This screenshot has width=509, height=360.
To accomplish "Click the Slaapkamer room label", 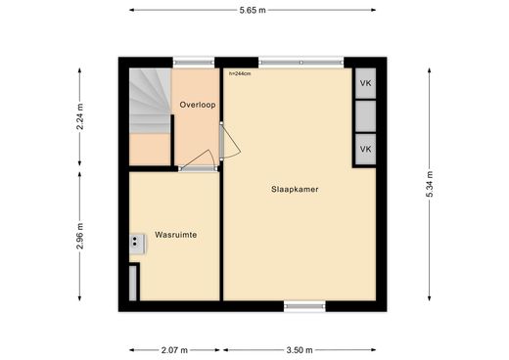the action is click(x=295, y=189).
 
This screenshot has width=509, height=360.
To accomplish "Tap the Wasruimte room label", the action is click(x=176, y=235).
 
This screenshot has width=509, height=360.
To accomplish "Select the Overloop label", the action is click(x=198, y=105).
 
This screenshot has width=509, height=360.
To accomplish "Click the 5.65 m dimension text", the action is click(x=253, y=10).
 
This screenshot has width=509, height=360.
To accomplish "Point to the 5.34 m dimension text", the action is click(x=430, y=184).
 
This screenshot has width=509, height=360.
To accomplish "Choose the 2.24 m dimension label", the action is click(x=80, y=116).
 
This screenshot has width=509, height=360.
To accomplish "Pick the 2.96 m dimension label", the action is click(x=80, y=236).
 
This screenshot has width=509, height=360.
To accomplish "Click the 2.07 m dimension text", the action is click(x=174, y=350).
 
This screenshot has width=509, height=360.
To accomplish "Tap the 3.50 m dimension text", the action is click(x=300, y=350).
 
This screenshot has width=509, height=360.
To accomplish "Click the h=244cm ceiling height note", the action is click(x=240, y=73).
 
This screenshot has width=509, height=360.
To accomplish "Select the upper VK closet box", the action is click(x=365, y=83).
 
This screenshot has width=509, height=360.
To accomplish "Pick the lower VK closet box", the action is click(x=365, y=149).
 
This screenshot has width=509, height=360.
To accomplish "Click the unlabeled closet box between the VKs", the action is click(x=365, y=116).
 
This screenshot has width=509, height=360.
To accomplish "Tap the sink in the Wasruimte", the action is click(x=137, y=244).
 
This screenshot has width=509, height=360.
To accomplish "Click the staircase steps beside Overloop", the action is click(x=150, y=101).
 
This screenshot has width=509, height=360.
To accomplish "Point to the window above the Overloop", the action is click(x=194, y=63).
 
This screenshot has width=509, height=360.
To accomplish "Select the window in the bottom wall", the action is click(x=304, y=306).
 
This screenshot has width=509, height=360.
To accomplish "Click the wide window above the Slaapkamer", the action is click(x=301, y=63).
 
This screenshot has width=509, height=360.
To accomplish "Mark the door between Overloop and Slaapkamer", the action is click(x=229, y=141).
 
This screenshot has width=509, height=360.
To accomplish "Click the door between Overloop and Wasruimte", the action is click(x=198, y=160).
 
